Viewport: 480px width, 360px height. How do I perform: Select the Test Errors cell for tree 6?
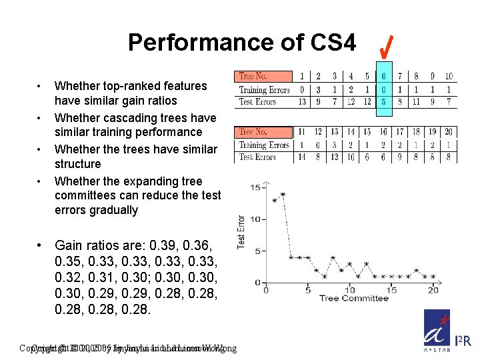pos(383,101)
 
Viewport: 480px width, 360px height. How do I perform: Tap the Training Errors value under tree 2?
pos(318,89)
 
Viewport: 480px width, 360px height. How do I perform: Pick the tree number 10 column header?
pos(449,77)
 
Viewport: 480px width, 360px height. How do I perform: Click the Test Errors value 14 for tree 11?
pos(302,157)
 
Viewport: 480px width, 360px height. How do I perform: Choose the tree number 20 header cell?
pos(449,132)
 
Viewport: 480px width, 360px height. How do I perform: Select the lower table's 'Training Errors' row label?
pos(264,145)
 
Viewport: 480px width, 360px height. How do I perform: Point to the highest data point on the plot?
pos(283,195)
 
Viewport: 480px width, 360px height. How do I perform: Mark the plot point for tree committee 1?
pos(274,200)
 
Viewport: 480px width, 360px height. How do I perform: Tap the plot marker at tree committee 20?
pos(433,276)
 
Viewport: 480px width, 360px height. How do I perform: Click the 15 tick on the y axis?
pos(255,187)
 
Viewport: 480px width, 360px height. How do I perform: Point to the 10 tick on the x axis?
pos(349,289)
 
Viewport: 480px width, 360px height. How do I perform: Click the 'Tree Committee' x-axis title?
pos(353,298)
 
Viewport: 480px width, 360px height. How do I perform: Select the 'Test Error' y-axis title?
pos(241,232)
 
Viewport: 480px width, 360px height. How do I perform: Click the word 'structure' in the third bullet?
pos(77,164)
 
